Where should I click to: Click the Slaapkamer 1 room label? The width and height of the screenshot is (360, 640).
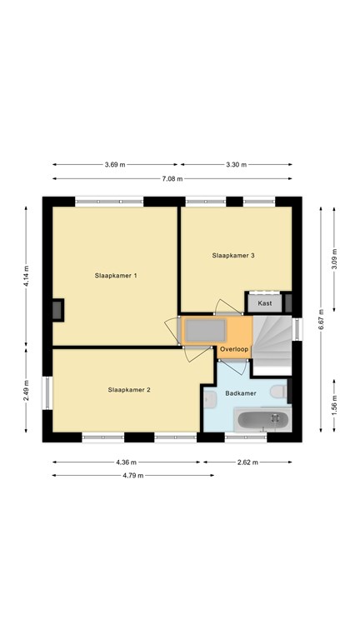coord(116,276)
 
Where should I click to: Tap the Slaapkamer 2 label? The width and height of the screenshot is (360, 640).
coord(129,390)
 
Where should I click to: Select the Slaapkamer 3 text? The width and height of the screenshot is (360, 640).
coord(233,256)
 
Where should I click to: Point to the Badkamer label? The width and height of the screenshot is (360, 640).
coord(241,393)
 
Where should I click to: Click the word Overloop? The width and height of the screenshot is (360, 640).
coord(234,349)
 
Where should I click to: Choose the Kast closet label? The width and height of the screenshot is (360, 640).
coord(265,303)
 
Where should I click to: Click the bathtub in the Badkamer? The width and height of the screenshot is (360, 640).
coord(263,420)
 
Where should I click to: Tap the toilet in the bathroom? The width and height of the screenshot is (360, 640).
coord(279,392)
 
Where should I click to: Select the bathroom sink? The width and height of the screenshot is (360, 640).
coord(210,399)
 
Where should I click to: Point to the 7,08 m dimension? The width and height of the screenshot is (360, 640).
coord(172,178)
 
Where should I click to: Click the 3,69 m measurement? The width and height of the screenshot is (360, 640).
coord(115,165)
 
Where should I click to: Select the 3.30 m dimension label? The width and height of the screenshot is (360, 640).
coord(237,165)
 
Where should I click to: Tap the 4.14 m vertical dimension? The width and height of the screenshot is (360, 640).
coord(26,277)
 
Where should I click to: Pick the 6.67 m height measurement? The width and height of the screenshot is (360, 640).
coord(321,319)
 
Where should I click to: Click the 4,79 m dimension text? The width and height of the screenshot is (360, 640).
coord(133,476)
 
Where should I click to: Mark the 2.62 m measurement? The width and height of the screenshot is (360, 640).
coord(247,462)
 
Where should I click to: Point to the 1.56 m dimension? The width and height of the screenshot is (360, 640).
coord(334,406)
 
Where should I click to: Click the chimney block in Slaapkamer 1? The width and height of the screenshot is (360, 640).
coord(58,310)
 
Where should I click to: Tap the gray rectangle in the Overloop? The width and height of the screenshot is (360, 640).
coord(205,330)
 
